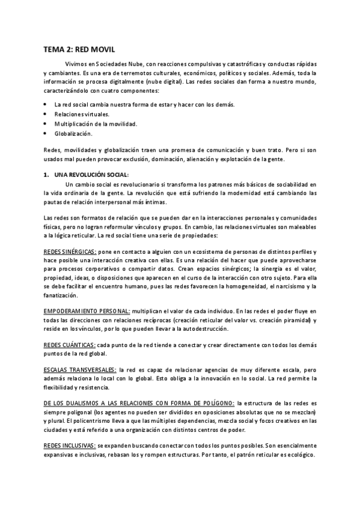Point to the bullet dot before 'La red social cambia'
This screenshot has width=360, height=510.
click(46, 104)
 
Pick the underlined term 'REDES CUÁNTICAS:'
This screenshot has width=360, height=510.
click(69, 345)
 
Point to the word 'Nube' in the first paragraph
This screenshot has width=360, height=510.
click(145, 64)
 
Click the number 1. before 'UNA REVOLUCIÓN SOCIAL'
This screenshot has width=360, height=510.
click(47, 174)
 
